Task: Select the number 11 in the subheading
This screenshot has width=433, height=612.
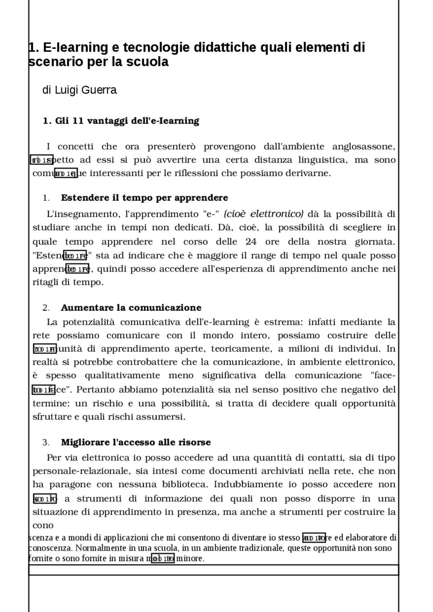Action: click(x=77, y=121)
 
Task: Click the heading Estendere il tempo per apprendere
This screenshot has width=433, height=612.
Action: click(x=144, y=198)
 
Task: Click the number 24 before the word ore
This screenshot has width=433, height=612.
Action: click(x=251, y=242)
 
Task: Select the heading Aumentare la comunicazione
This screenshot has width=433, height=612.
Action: click(x=131, y=308)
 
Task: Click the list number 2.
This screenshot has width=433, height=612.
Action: click(x=46, y=308)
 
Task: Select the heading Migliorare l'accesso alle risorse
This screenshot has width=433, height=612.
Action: click(x=136, y=443)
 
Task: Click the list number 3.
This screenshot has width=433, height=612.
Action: click(x=46, y=443)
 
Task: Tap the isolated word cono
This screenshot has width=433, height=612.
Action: click(x=43, y=525)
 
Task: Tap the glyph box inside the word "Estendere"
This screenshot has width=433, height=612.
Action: click(x=75, y=255)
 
